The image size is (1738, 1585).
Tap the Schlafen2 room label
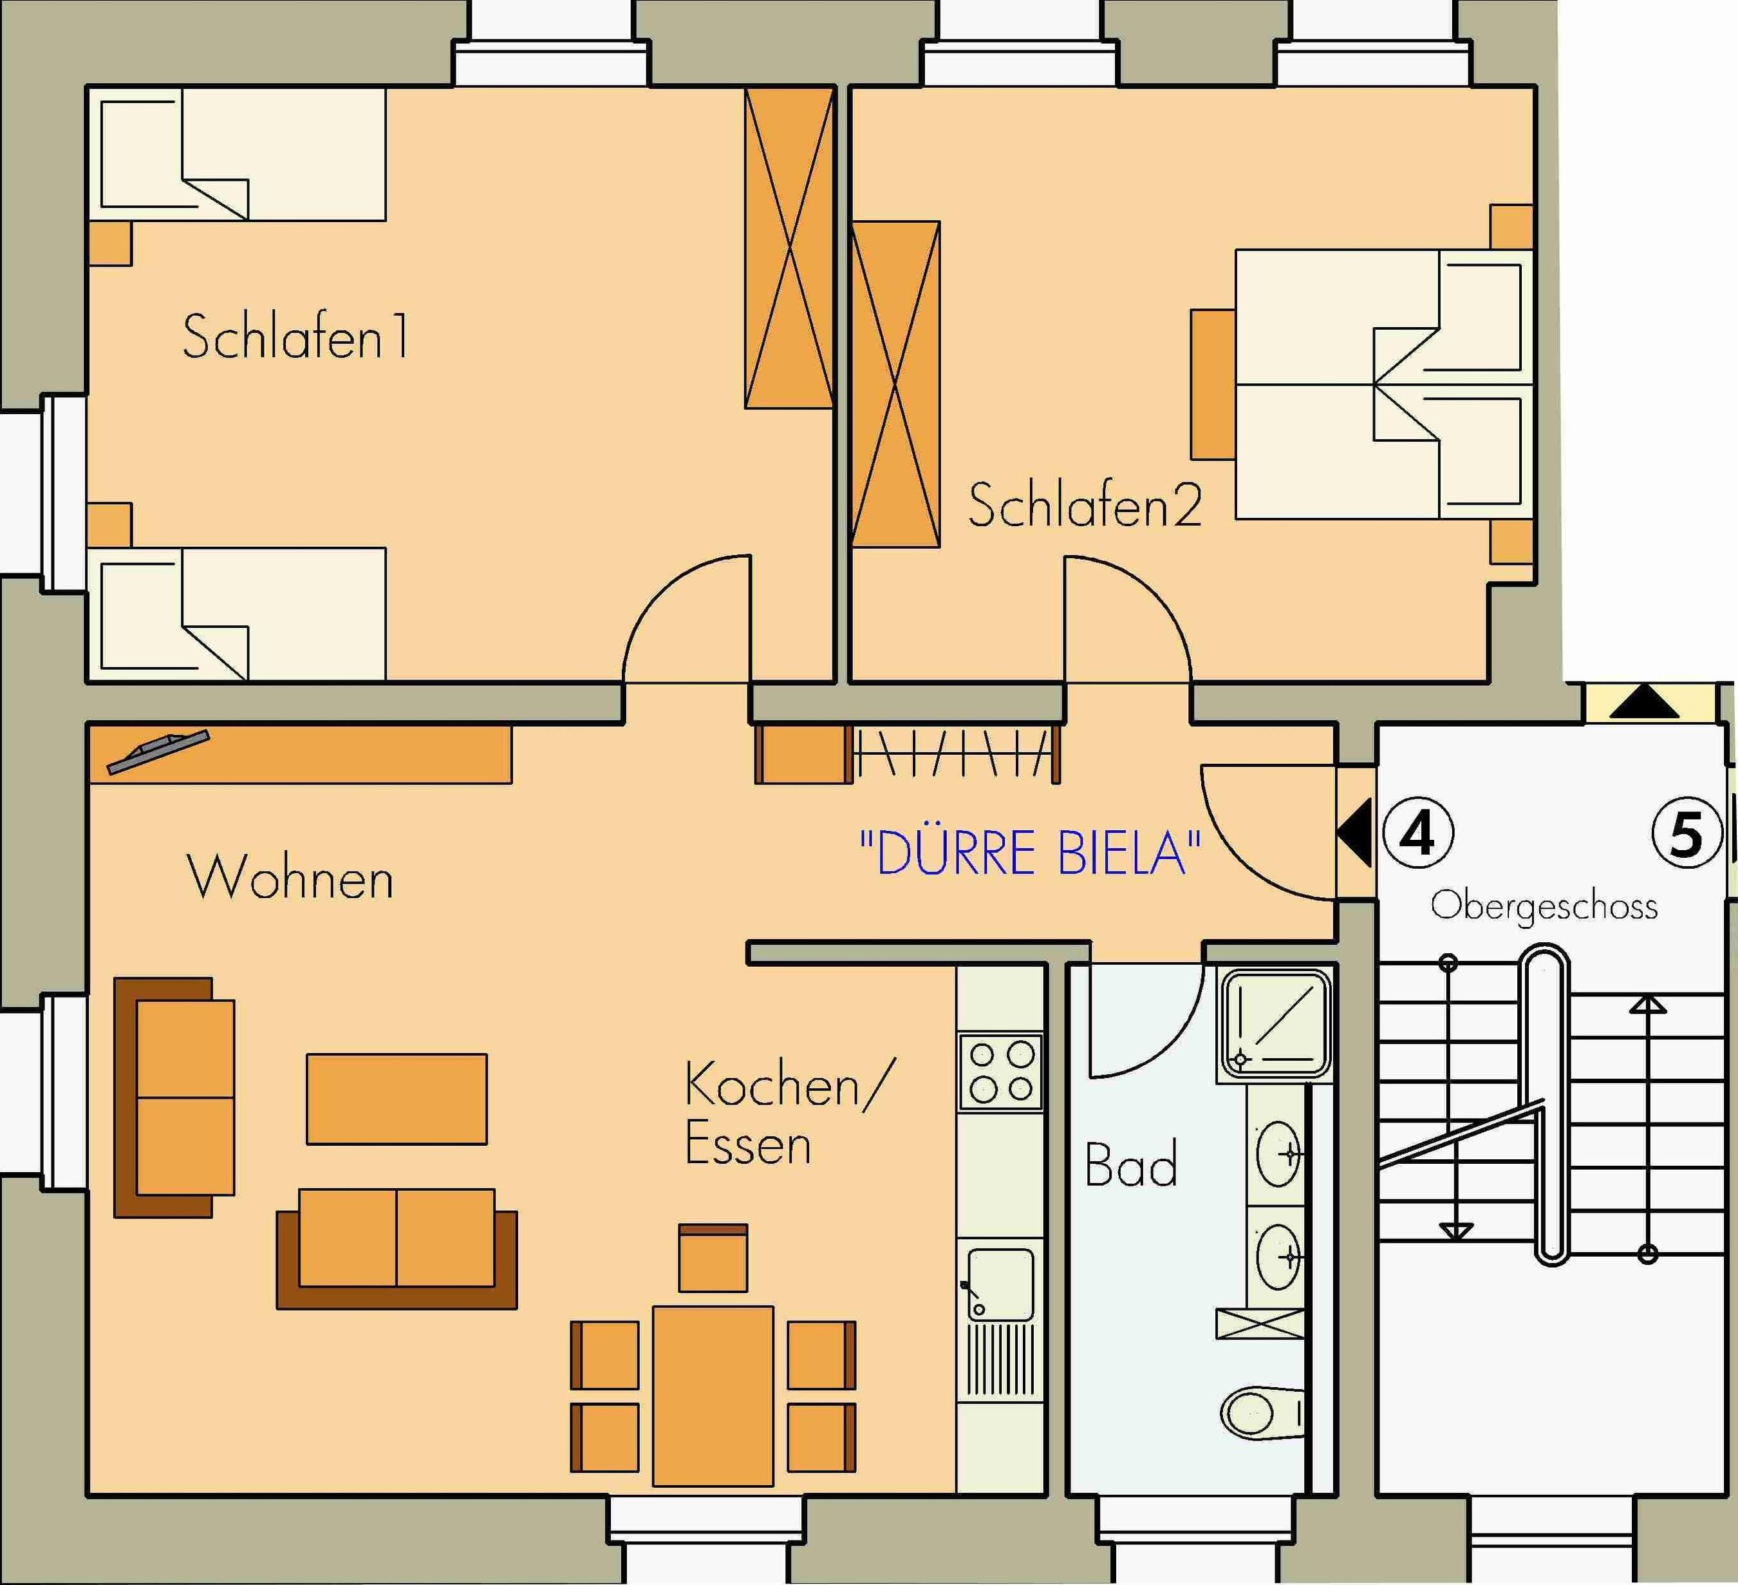pos(1085,506)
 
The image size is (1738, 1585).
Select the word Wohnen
pos(290,878)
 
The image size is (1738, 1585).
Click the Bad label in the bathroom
pos(1130,1164)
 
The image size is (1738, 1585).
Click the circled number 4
pos(1418,833)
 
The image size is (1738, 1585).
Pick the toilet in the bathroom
pos(1261,1412)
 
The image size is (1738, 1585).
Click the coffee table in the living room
pos(397,1099)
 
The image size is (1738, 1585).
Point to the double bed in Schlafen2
pos(1384,384)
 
